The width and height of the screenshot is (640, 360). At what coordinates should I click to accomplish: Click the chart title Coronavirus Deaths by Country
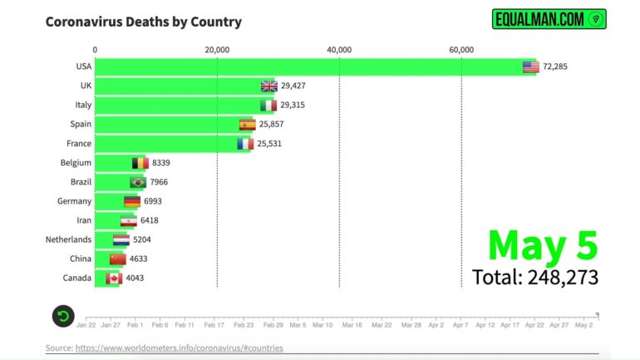click(x=144, y=22)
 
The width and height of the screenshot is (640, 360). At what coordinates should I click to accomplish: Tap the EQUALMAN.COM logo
click(x=549, y=19)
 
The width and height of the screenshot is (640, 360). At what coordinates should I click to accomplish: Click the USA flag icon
click(x=531, y=67)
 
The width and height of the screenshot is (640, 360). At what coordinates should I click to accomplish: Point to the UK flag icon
click(x=268, y=86)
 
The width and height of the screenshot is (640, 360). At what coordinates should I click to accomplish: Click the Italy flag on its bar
click(x=268, y=106)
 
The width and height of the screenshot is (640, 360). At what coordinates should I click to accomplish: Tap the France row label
click(x=77, y=144)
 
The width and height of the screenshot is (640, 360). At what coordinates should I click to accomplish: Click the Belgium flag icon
click(x=140, y=163)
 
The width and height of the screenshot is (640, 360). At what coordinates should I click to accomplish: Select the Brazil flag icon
click(x=138, y=182)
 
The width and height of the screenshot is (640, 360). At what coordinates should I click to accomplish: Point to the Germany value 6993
click(x=157, y=201)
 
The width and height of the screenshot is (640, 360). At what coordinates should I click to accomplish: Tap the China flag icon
click(x=118, y=259)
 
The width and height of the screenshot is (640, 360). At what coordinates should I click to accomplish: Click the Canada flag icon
click(x=113, y=279)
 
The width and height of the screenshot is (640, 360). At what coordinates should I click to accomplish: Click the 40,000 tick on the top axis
click(x=339, y=50)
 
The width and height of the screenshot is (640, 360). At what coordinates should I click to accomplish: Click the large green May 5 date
click(x=542, y=245)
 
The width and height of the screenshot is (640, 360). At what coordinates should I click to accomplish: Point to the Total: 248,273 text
click(x=534, y=277)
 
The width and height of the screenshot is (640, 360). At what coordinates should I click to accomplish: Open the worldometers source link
click(x=179, y=348)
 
